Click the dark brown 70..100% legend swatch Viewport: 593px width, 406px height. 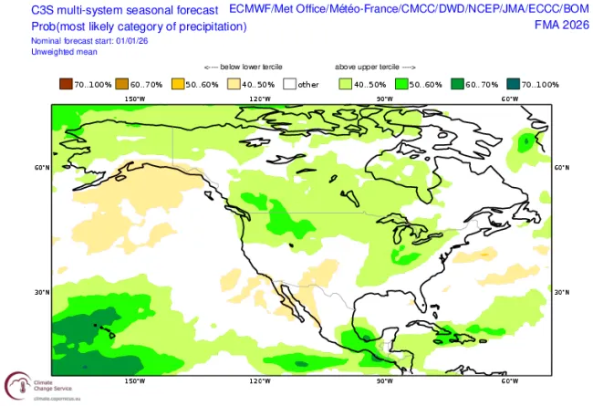66,84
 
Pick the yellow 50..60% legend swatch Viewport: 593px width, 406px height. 178,84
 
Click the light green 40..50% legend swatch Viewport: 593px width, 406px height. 344,84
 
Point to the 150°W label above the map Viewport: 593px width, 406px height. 135,99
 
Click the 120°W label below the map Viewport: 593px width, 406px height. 260,381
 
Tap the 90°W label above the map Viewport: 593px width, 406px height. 385,99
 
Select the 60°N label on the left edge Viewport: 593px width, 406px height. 42,168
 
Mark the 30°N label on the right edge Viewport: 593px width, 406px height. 561,293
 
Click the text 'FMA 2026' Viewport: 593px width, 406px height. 560,25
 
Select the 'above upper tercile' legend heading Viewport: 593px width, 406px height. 374,68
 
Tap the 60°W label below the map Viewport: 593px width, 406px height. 510,381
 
